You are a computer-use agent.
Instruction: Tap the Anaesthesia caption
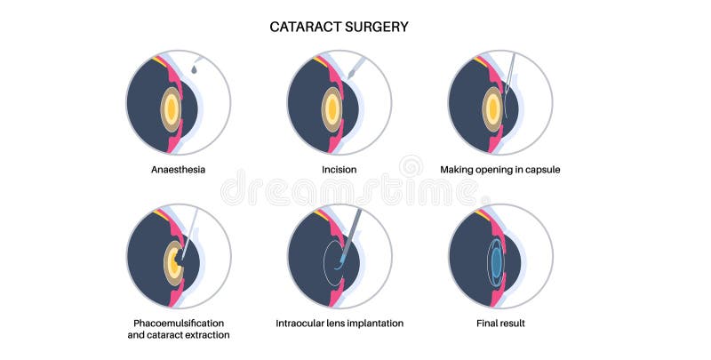179,169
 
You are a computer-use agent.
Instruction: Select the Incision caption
340,169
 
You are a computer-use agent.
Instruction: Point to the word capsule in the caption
539,169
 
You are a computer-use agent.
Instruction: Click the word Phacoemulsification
179,322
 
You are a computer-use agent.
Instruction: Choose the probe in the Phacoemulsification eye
188,233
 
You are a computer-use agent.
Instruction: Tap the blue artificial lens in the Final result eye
495,261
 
